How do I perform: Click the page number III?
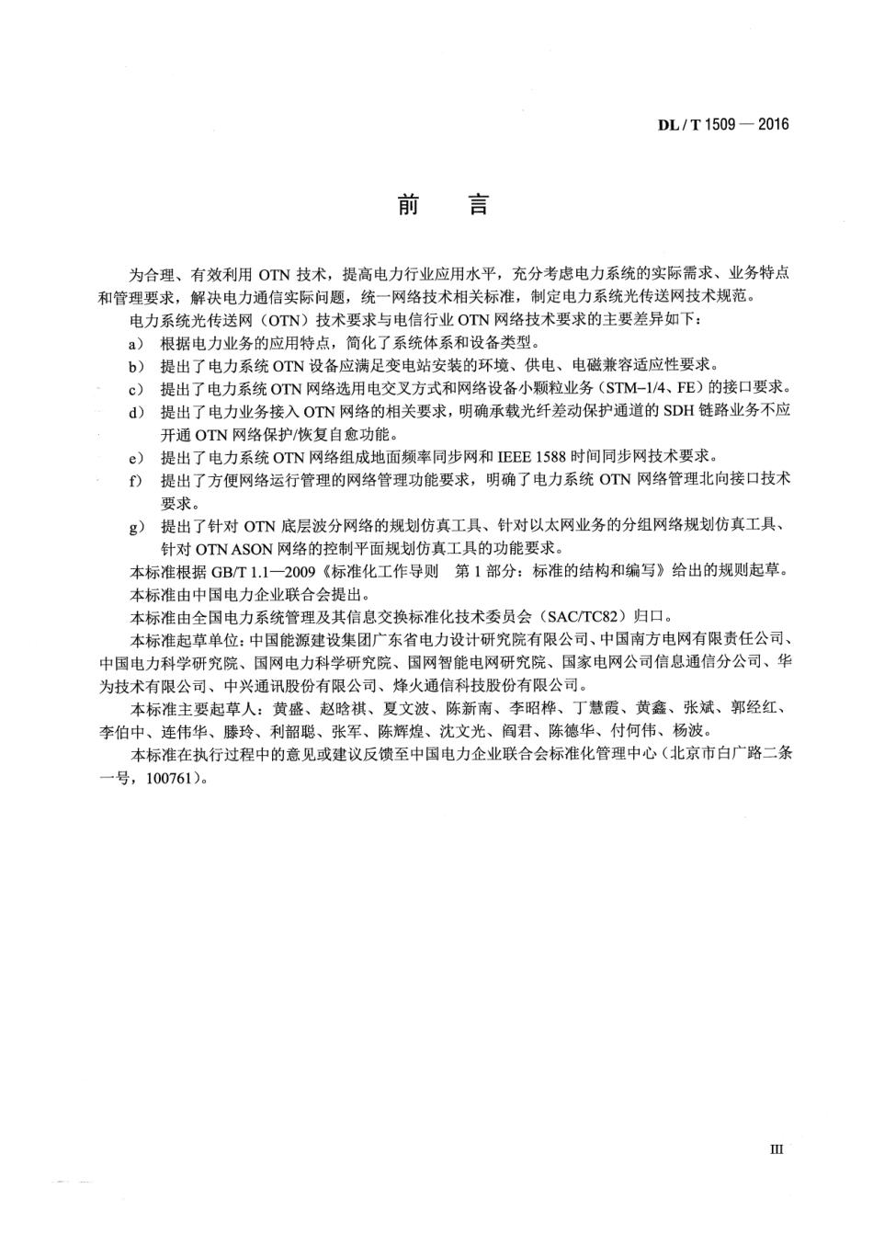point(777,1148)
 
